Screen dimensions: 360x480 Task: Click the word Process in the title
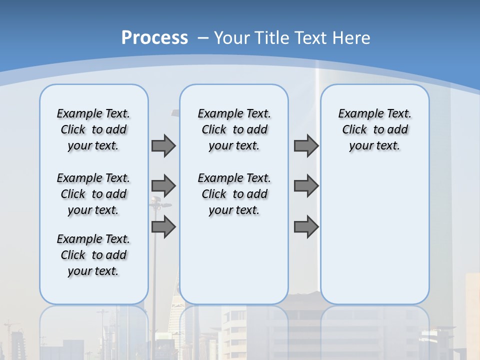point(154,37)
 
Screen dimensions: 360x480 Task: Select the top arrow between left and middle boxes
point(163,146)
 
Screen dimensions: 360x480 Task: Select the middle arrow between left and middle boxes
point(163,186)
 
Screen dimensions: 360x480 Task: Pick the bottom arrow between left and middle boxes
point(163,227)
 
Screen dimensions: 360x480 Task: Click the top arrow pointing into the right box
point(306,146)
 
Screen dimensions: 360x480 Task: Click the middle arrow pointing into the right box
point(306,186)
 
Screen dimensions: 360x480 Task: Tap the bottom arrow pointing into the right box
point(306,227)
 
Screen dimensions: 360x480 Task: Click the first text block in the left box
point(93,129)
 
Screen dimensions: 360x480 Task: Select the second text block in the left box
point(93,194)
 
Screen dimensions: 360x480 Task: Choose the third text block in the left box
point(93,255)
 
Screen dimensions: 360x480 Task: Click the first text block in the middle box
point(234,129)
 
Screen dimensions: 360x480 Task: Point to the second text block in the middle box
point(234,194)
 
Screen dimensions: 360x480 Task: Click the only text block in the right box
point(375,129)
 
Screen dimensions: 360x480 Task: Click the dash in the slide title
point(203,37)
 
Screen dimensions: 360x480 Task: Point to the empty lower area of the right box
point(375,235)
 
